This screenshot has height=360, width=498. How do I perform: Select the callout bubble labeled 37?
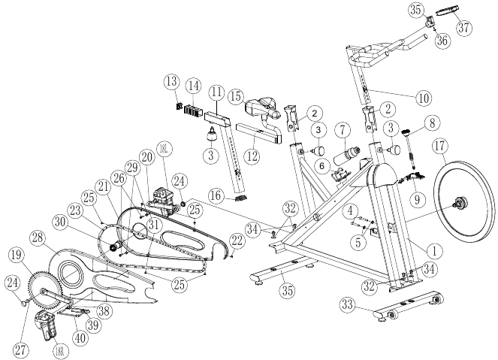tap(464, 29)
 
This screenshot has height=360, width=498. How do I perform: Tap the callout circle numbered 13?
tap(172, 80)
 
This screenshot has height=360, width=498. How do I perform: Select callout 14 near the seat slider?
tap(194, 87)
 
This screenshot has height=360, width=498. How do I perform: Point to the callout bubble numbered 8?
tap(431, 122)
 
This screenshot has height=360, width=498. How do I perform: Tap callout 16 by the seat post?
tap(216, 197)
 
